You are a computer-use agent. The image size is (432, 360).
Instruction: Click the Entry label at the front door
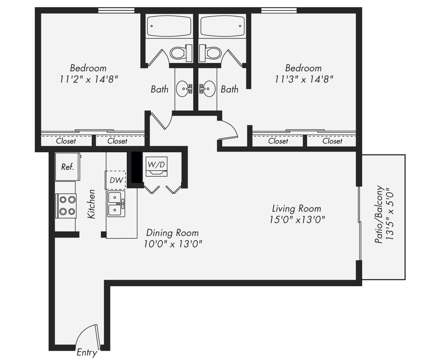87,353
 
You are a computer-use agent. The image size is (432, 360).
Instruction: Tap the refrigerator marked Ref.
67,166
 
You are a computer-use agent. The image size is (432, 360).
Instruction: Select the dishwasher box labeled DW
116,180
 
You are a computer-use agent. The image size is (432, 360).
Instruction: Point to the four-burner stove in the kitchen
67,206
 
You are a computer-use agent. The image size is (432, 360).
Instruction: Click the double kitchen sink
116,204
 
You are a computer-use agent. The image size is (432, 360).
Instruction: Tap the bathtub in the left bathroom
169,26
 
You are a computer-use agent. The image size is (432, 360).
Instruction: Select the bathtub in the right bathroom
222,26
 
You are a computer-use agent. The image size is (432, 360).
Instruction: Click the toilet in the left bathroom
178,53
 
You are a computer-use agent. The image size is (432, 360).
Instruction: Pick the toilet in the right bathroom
212,53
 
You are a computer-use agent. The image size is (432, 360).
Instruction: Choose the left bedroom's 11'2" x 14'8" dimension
89,78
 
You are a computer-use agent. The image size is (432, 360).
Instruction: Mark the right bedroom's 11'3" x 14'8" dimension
304,78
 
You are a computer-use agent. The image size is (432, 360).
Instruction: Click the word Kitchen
91,204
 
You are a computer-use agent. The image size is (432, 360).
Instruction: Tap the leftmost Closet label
66,141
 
